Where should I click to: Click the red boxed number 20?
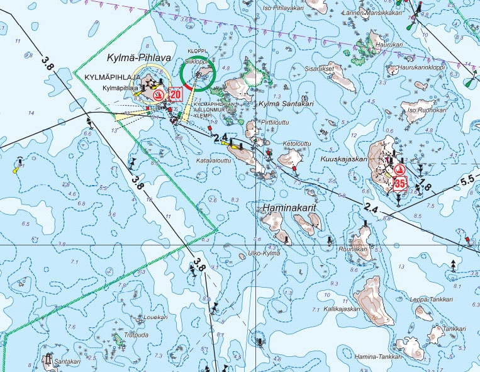point(176,94)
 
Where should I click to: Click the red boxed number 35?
point(399,184)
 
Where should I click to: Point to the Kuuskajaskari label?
point(344,159)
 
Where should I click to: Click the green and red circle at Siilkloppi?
point(197,74)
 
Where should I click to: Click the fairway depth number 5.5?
point(467,180)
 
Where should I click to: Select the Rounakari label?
point(352,249)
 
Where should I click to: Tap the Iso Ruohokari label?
point(427,110)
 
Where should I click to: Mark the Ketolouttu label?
point(298,144)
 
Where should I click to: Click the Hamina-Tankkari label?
point(378,357)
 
